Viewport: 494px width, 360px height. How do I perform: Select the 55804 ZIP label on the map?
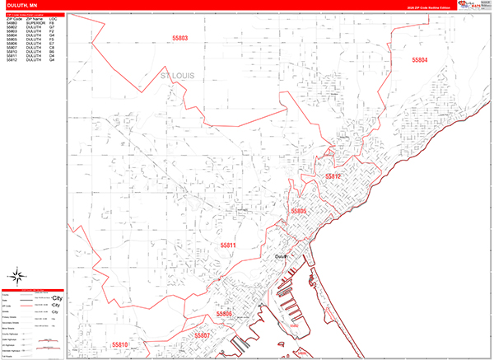click(x=420, y=60)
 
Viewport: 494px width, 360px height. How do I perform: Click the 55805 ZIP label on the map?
click(x=298, y=212)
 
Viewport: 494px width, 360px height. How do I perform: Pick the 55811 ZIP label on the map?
click(x=228, y=245)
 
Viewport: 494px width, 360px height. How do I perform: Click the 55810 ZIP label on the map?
click(x=120, y=344)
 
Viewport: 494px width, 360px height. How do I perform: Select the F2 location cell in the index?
click(x=52, y=32)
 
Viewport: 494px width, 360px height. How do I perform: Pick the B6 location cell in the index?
click(x=52, y=50)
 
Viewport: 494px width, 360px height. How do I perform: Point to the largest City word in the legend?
click(x=57, y=296)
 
